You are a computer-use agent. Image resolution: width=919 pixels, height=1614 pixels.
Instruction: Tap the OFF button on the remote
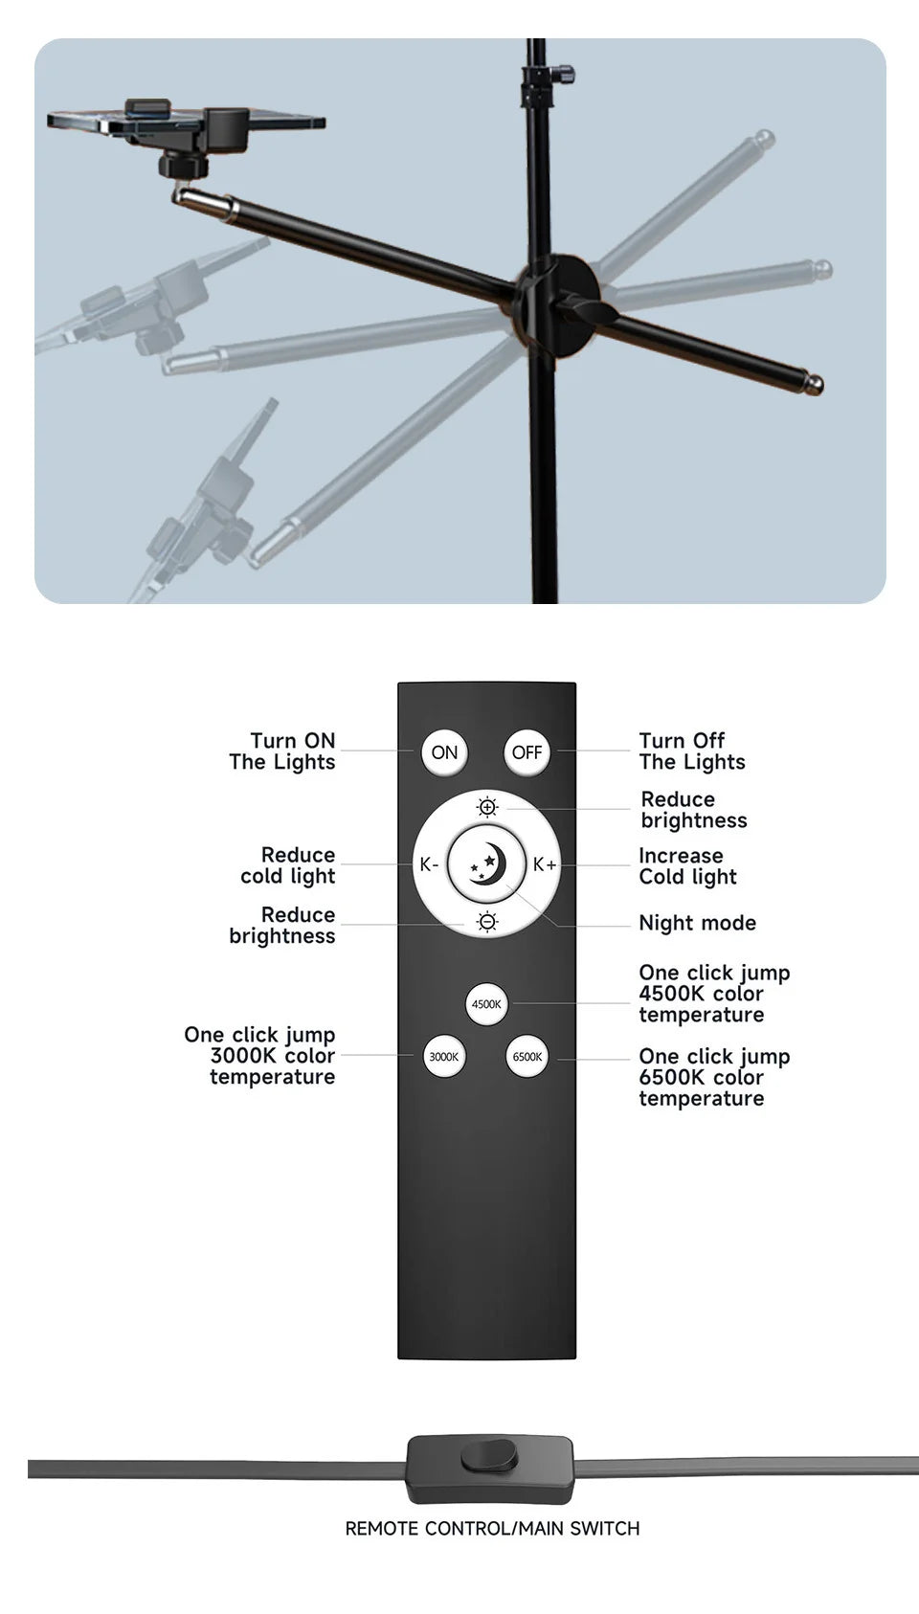[527, 752]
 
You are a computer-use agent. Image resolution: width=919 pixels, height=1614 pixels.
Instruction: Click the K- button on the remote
[428, 864]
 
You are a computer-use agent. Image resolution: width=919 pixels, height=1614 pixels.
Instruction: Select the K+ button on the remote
[545, 864]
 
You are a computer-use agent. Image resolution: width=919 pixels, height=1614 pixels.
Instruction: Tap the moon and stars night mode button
[487, 864]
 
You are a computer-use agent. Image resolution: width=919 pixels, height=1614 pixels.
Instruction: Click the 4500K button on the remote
[486, 1004]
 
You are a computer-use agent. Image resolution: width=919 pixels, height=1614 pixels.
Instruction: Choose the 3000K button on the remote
[444, 1057]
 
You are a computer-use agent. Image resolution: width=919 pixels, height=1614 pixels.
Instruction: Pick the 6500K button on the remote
[527, 1057]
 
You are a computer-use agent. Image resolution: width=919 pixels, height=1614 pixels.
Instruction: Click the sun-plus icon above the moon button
[487, 808]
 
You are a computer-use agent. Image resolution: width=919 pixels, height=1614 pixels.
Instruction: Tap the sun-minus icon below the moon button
[487, 922]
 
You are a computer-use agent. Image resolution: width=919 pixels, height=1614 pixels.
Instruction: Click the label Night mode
[697, 923]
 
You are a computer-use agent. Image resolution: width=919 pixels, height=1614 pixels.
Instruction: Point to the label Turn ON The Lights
[283, 751]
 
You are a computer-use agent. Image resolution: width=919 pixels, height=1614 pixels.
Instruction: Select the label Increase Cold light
[687, 866]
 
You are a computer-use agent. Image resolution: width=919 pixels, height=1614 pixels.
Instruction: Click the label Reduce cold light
[289, 865]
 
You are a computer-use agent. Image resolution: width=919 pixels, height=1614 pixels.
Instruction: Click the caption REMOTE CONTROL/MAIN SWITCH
[492, 1529]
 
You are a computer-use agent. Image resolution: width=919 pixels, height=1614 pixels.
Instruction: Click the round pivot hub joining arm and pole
[554, 299]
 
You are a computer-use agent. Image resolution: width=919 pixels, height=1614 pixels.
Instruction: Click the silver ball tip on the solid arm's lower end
[813, 385]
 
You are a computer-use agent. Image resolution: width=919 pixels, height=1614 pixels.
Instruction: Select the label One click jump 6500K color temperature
[714, 1077]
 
